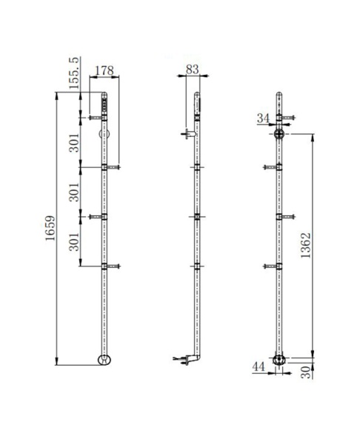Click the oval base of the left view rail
click(104, 360)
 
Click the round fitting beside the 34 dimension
click(280, 135)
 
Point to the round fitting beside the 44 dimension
click(279, 360)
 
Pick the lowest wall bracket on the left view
click(106, 266)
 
